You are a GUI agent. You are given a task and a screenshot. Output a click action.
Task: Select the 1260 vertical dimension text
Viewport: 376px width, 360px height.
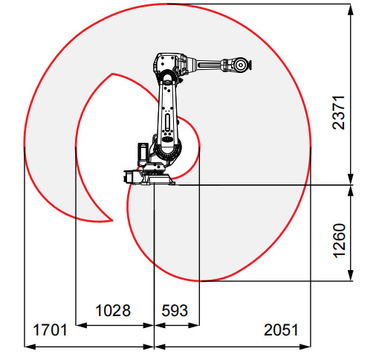tap(339, 240)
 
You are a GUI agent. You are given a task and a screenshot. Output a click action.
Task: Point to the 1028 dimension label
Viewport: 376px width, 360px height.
tap(113, 309)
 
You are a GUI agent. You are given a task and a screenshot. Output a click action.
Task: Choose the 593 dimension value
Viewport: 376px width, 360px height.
tap(171, 309)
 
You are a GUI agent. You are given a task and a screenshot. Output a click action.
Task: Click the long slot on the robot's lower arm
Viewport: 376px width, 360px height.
tap(168, 120)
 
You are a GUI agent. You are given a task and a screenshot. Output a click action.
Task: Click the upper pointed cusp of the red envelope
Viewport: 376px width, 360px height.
tap(111, 74)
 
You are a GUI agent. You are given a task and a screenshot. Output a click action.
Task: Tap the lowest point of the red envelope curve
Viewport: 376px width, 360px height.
tap(199, 281)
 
